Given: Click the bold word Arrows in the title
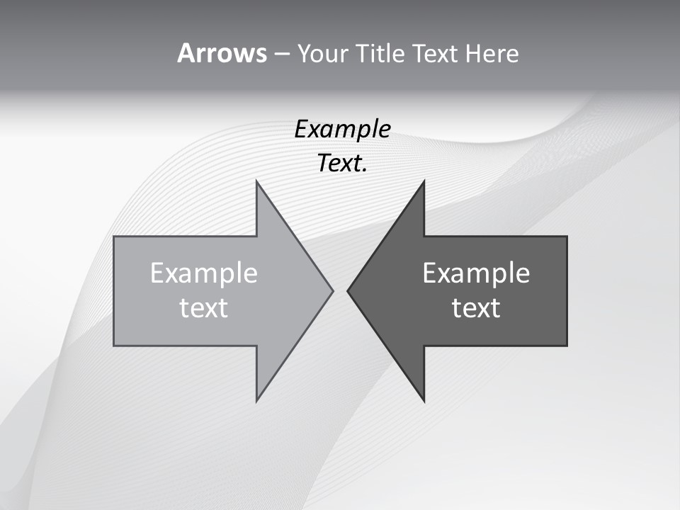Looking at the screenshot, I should [x=222, y=54].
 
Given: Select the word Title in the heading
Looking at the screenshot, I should [x=381, y=54].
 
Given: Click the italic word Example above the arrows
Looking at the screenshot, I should [x=343, y=130].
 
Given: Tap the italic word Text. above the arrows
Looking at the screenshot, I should [x=343, y=164].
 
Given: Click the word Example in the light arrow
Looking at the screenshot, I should [x=204, y=273].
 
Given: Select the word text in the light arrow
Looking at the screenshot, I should [x=204, y=307].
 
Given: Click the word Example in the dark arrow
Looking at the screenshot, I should [x=476, y=273].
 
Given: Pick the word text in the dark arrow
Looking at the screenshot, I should [x=476, y=307].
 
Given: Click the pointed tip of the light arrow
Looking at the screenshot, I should [x=332, y=290].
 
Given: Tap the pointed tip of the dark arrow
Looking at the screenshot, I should [x=348, y=290].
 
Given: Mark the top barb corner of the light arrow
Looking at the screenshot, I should [x=256, y=181].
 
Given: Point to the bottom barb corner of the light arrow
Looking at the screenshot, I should [x=256, y=401].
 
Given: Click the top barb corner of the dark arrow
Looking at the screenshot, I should [x=424, y=181].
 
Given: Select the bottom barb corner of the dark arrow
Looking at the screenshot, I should [x=424, y=401].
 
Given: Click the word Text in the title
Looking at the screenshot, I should [x=435, y=54].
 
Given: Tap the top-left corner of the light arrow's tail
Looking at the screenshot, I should [x=115, y=237].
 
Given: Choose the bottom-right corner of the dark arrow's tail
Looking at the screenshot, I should [x=567, y=345].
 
